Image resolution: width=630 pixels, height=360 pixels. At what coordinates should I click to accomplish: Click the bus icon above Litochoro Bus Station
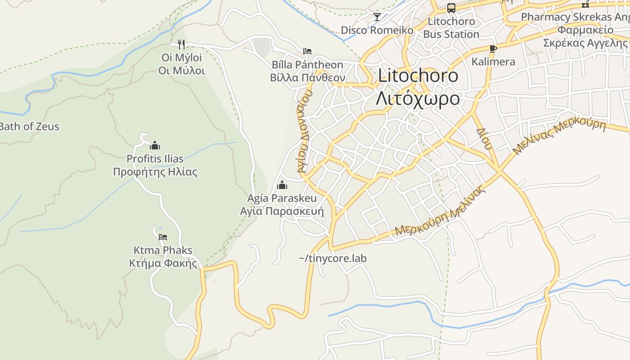(451, 8)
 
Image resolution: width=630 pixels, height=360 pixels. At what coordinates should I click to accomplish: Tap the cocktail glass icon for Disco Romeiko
(377, 17)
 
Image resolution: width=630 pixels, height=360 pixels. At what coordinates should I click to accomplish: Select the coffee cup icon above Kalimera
(493, 49)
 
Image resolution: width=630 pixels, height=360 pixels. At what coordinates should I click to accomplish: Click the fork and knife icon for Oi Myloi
(181, 44)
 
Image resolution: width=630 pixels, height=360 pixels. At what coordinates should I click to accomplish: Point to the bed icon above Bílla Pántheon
(307, 51)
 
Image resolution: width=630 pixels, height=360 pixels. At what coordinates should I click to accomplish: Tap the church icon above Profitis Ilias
(155, 145)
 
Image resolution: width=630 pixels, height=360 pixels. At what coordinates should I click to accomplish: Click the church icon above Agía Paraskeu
(282, 185)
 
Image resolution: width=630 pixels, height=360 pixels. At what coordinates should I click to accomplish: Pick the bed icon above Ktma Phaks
(163, 237)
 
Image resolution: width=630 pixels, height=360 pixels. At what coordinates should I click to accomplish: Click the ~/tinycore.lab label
(333, 258)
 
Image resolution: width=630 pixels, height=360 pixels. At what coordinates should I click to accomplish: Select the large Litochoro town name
(418, 76)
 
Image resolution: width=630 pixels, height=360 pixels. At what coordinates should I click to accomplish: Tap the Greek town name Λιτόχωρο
(418, 99)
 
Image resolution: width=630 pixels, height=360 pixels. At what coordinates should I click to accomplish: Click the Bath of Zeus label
(29, 126)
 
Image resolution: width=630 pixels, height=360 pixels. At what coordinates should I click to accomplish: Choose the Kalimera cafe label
(493, 62)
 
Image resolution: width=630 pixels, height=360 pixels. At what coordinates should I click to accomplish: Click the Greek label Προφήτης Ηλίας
(155, 172)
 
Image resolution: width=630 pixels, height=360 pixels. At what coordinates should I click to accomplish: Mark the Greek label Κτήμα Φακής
(163, 263)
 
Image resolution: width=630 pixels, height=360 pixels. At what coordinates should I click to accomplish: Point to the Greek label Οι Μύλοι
(181, 71)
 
